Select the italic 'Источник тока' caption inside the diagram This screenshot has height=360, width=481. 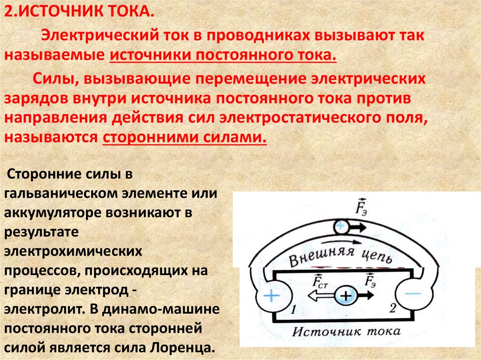[x=346, y=332]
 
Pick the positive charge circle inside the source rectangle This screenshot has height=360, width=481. [x=346, y=296]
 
